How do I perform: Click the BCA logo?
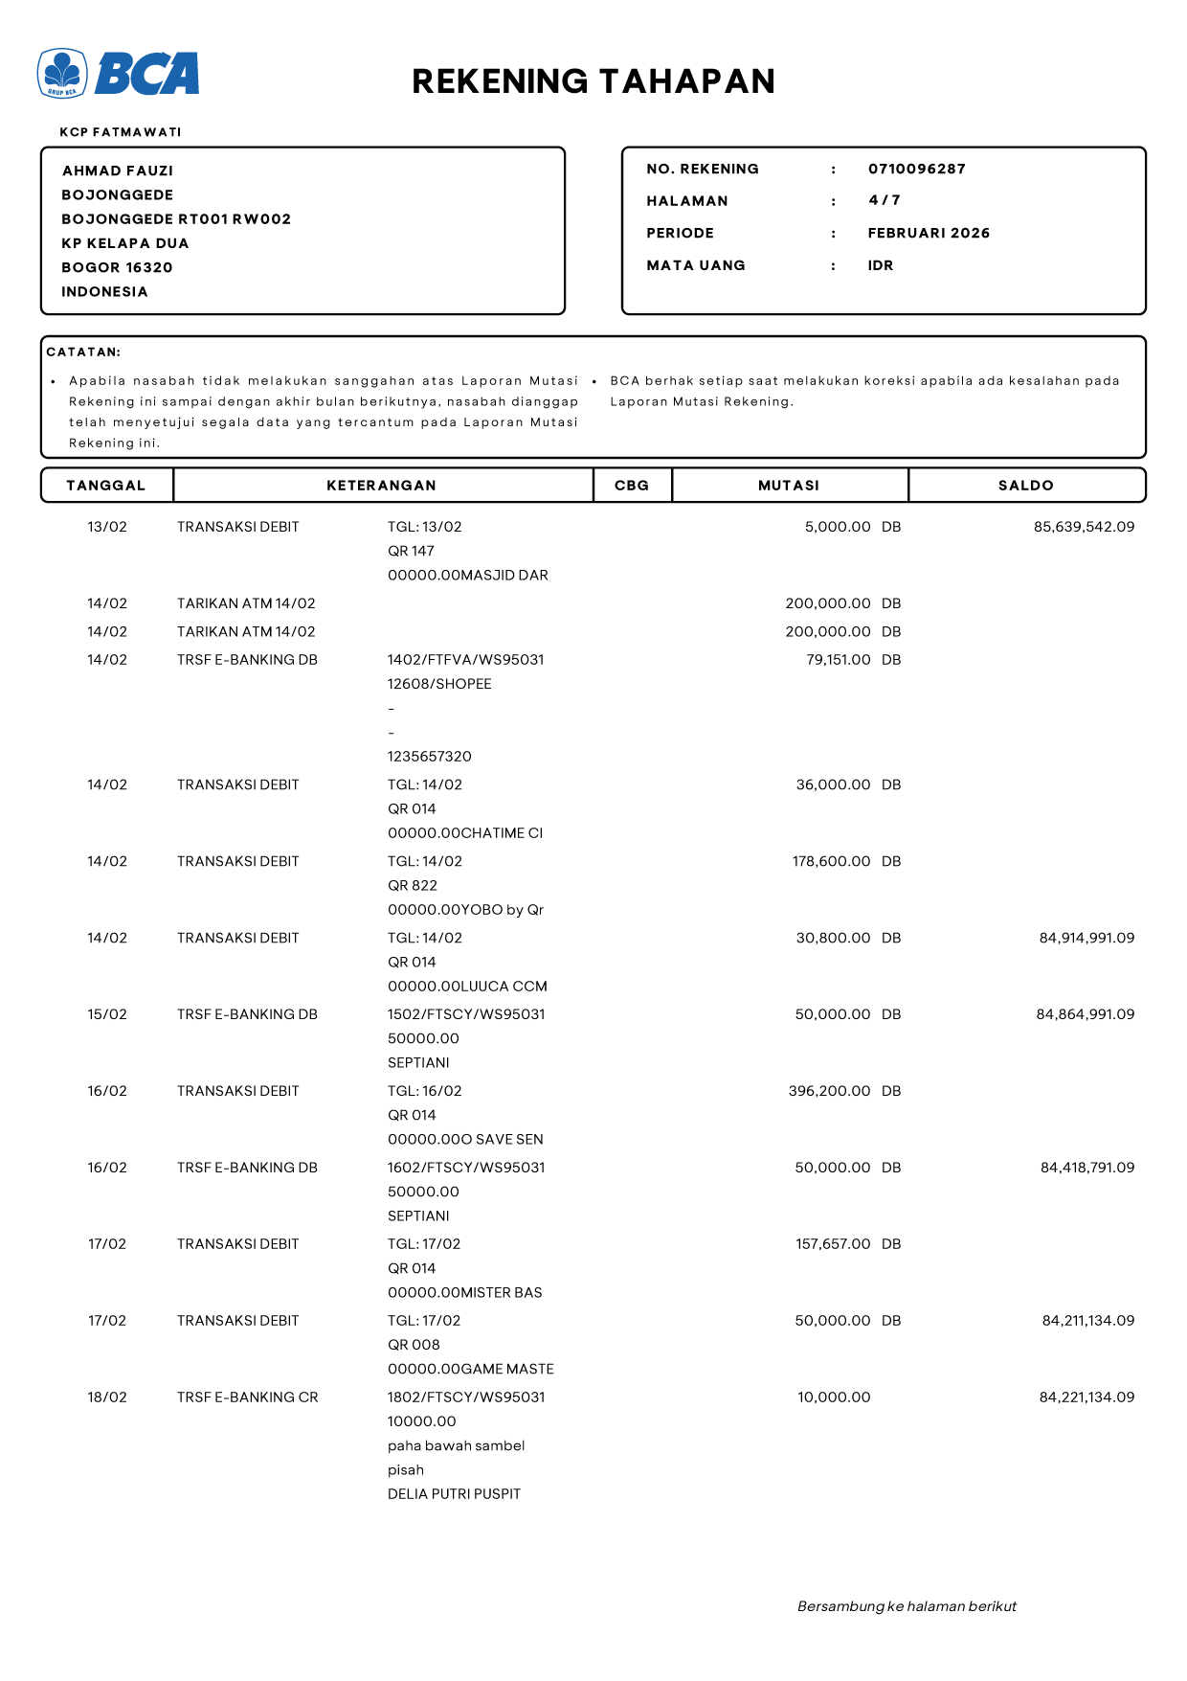point(119,74)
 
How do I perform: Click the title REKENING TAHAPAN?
point(593,81)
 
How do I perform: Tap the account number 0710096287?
point(916,169)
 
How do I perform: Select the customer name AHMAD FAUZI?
point(118,170)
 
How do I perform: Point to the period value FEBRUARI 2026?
point(929,233)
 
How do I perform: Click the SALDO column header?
point(1025,486)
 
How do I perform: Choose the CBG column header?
point(632,486)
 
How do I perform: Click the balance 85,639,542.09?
point(1084,527)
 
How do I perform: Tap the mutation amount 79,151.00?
point(838,660)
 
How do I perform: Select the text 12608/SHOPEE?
point(439,684)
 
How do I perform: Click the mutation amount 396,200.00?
point(829,1091)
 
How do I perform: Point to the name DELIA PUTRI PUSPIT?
point(454,1494)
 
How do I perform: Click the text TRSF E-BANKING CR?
point(247,1397)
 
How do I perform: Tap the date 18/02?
point(107,1397)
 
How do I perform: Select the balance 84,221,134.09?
point(1086,1397)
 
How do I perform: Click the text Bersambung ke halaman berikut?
point(907,1606)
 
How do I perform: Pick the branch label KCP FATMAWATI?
point(121,132)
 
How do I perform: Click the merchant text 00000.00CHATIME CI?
point(465,833)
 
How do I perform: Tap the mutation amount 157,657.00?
point(833,1244)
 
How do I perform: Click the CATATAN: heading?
point(83,352)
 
